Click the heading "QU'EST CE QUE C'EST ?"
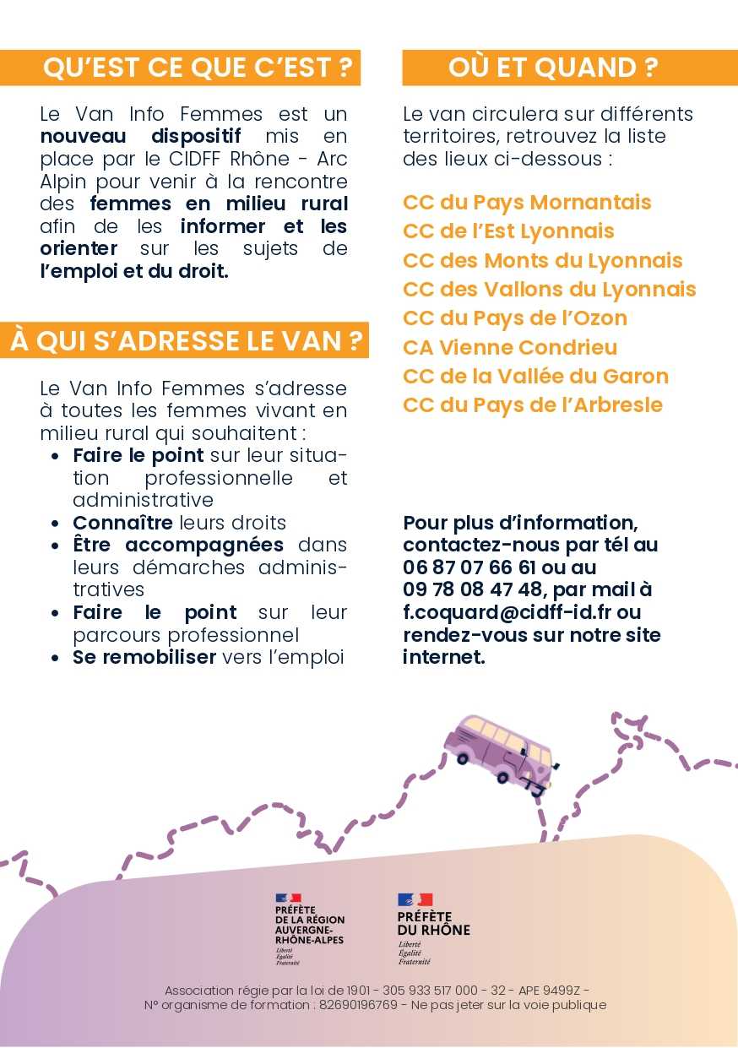pos(197,68)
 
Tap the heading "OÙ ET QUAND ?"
pos(552,68)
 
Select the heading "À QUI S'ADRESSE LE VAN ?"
pos(187,341)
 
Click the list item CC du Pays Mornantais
pos(527,203)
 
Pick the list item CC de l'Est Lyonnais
pos(508,231)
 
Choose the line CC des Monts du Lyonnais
pos(542,260)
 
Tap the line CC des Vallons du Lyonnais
pos(549,289)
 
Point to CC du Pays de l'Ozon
pos(515,318)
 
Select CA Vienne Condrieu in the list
pos(510,347)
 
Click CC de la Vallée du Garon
pos(535,376)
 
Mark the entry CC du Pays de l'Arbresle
pos(533,405)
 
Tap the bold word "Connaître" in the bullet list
pos(122,523)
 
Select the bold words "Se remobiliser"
pos(144,657)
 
